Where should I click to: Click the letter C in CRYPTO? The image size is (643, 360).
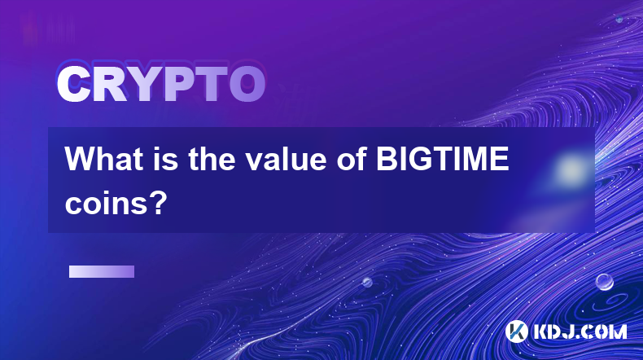(x=74, y=85)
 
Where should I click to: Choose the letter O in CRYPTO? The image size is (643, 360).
(x=247, y=85)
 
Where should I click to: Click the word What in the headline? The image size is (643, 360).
(x=104, y=159)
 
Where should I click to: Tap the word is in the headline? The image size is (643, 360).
(x=168, y=159)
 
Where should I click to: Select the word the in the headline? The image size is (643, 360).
(x=211, y=159)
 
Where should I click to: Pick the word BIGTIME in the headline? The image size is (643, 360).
(x=443, y=159)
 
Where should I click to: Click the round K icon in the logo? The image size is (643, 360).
(x=516, y=331)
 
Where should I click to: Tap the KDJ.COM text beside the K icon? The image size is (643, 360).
(x=580, y=331)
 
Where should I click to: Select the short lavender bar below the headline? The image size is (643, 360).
(x=102, y=272)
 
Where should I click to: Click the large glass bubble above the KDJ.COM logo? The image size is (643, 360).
(x=605, y=282)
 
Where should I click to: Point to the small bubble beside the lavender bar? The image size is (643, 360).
(x=367, y=282)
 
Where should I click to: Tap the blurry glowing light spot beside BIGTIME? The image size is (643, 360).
(x=570, y=169)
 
